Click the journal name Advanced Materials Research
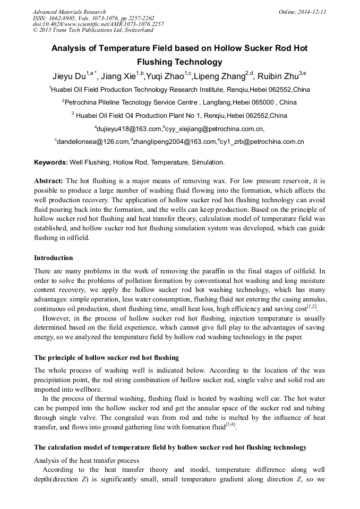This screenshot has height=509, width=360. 69,12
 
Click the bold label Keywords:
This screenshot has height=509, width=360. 51,162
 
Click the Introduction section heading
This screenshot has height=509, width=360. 54,258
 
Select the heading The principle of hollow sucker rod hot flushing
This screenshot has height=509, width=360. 106,358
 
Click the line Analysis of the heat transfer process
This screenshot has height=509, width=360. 87,460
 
